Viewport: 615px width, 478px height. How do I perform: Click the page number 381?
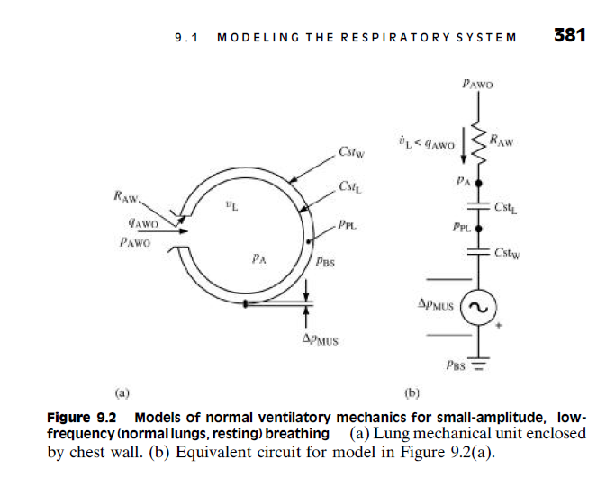click(569, 35)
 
